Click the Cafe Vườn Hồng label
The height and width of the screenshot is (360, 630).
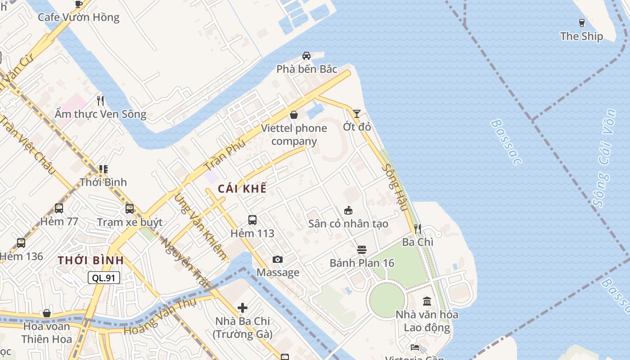[x=78, y=18]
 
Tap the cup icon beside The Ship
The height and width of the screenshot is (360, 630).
[x=581, y=22]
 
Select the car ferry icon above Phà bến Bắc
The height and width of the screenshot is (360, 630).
[x=306, y=56]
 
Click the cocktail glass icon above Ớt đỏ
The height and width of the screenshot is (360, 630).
[x=357, y=114]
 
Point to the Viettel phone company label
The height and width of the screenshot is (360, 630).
[x=294, y=135]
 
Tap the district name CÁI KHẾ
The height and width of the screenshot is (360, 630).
[x=242, y=189]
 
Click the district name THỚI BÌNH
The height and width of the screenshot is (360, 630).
[x=90, y=261]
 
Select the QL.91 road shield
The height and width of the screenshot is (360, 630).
[x=104, y=278]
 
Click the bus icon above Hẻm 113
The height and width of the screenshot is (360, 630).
[x=252, y=220]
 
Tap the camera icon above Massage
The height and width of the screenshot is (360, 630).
[x=278, y=259]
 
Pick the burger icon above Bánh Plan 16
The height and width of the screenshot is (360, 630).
[x=362, y=250]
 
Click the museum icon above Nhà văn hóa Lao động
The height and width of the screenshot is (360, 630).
[x=427, y=301]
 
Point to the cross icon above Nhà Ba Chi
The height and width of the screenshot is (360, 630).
[x=243, y=308]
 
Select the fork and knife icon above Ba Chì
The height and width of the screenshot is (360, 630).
[x=418, y=229]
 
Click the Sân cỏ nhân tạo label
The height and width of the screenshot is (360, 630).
[x=348, y=224]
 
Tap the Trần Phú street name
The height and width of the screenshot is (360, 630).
[x=225, y=155]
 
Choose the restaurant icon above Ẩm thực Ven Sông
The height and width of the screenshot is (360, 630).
[x=100, y=101]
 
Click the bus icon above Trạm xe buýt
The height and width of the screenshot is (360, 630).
[x=130, y=209]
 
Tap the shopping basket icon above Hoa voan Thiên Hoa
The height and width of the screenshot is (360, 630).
[x=47, y=313]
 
